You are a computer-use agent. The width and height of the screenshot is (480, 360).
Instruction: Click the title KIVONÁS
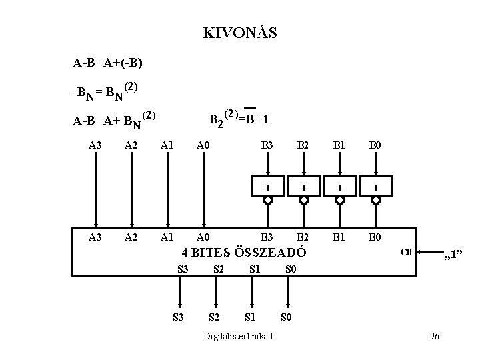pos(240,33)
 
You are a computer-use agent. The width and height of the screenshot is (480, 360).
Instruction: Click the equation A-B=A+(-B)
pos(107,64)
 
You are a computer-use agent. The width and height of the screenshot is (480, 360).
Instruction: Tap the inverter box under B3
pos(267,187)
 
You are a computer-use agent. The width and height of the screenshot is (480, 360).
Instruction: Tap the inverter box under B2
pos(303,187)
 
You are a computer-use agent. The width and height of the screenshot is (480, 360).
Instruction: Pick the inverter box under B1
pos(340,187)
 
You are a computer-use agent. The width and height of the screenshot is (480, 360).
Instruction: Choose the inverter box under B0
pos(376,187)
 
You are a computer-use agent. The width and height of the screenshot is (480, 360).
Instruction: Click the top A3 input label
pos(96,145)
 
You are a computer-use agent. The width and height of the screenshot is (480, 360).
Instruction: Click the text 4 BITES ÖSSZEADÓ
pos(244,253)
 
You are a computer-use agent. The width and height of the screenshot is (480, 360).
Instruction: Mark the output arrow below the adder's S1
pos(251,290)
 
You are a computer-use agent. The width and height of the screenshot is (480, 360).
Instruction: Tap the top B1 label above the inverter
pos(340,145)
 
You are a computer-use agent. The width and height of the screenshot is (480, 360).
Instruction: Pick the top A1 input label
pos(168,145)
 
